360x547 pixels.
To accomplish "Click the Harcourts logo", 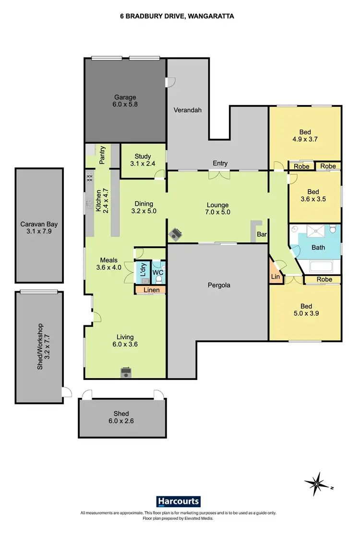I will tap(179, 501).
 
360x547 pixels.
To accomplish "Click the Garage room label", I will tap(125, 97).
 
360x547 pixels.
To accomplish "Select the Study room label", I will tap(143, 156).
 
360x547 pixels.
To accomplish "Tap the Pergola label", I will tap(219, 285).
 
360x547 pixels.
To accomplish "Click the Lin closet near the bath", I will tap(275, 277).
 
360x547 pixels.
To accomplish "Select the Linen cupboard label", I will tap(150, 290).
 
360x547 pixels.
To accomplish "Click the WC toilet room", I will tap(158, 273).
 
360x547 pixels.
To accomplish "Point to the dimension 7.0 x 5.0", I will tap(218, 212).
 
